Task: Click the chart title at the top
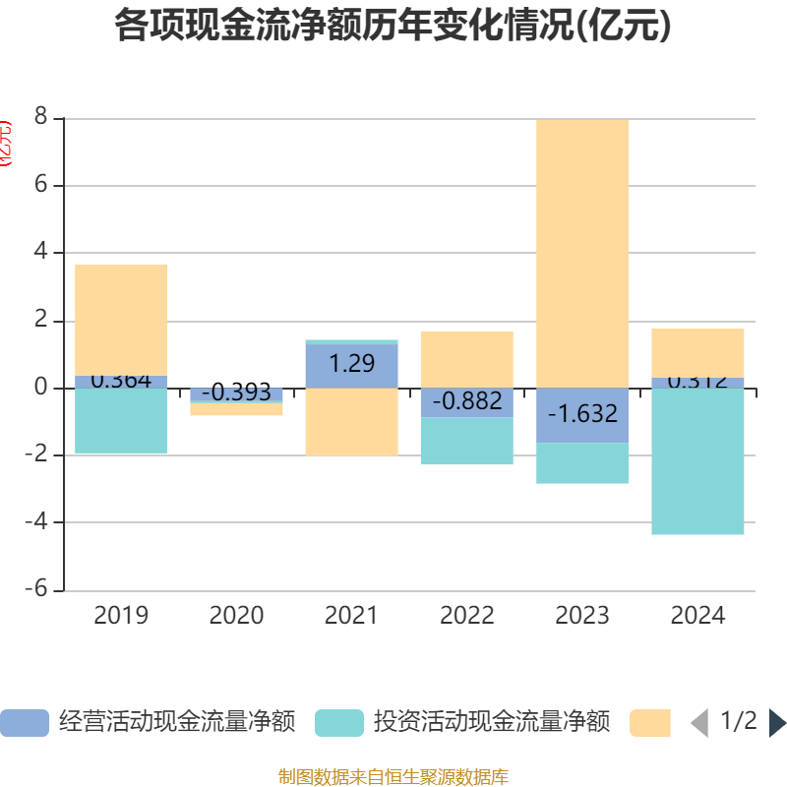[393, 26]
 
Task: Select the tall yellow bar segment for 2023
[582, 253]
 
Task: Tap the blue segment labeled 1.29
[351, 364]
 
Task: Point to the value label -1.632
[582, 413]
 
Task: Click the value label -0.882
[467, 401]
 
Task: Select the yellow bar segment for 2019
[121, 320]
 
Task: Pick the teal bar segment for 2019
[121, 421]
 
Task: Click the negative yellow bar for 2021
[351, 422]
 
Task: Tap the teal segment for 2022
[467, 441]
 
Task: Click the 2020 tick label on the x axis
[236, 616]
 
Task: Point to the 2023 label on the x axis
[582, 616]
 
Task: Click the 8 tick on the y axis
[40, 119]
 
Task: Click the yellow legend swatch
[650, 722]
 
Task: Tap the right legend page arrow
[777, 723]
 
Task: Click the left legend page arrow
[699, 723]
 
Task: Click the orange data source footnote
[393, 777]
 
